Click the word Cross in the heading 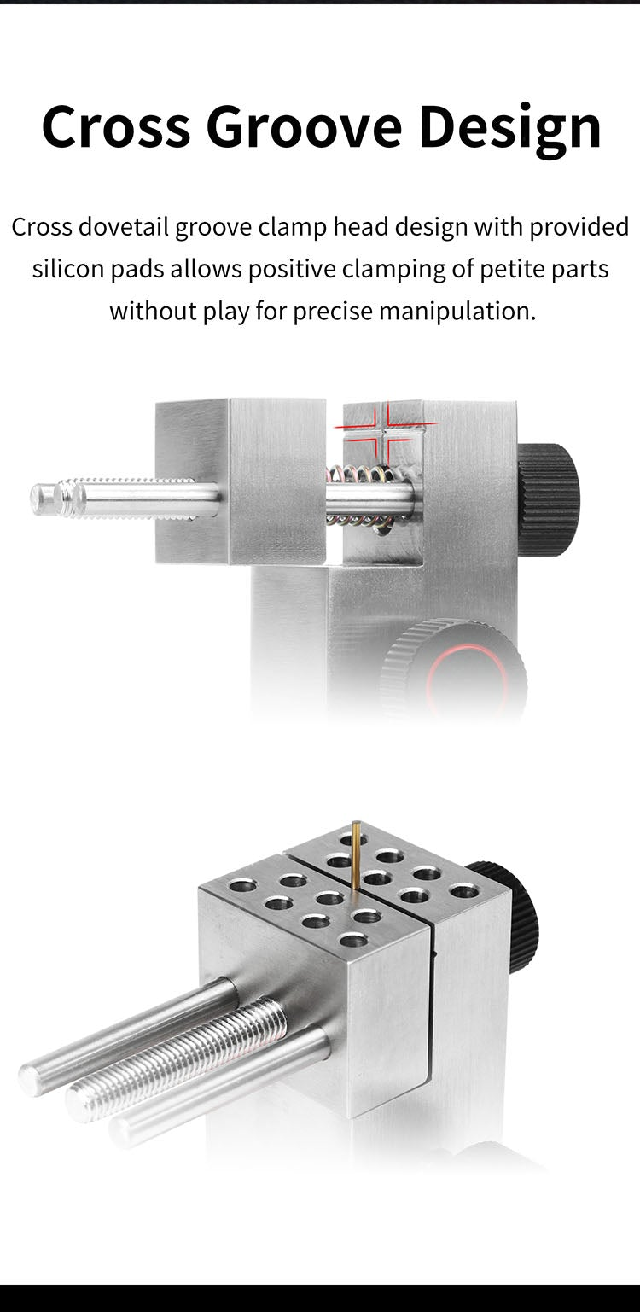pos(114,127)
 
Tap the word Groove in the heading pos(303,127)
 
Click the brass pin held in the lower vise pos(356,854)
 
